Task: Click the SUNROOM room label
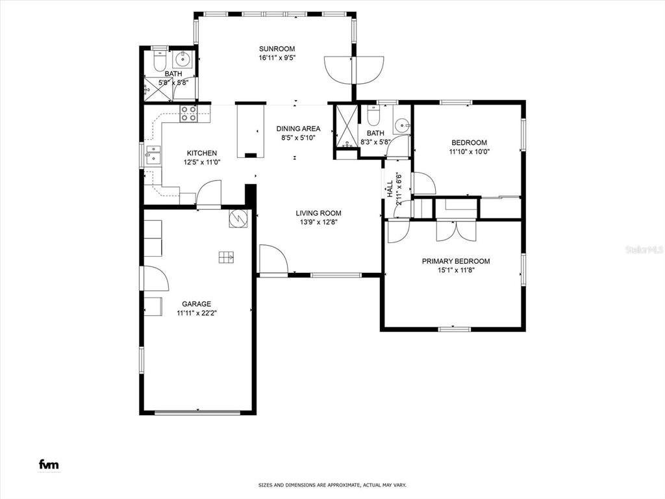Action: tap(277, 49)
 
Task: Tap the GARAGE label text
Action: tap(196, 304)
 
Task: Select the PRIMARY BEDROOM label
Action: tap(456, 261)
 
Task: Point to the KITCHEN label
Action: tap(202, 153)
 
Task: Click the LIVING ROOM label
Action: tap(318, 213)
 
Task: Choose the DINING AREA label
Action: tap(299, 129)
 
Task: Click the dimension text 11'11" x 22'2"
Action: tap(197, 313)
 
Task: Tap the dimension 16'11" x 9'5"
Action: tap(277, 58)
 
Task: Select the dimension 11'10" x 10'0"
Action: tap(470, 151)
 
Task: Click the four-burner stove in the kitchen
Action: tap(188, 114)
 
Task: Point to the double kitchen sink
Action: tap(153, 155)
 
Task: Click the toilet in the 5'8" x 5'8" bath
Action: tap(160, 62)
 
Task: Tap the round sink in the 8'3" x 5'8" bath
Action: tap(401, 125)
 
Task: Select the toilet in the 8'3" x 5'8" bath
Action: tap(373, 116)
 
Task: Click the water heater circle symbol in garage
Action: tap(238, 218)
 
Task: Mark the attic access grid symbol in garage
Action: tap(227, 257)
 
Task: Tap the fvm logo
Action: tap(49, 464)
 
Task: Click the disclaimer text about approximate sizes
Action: tap(332, 485)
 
